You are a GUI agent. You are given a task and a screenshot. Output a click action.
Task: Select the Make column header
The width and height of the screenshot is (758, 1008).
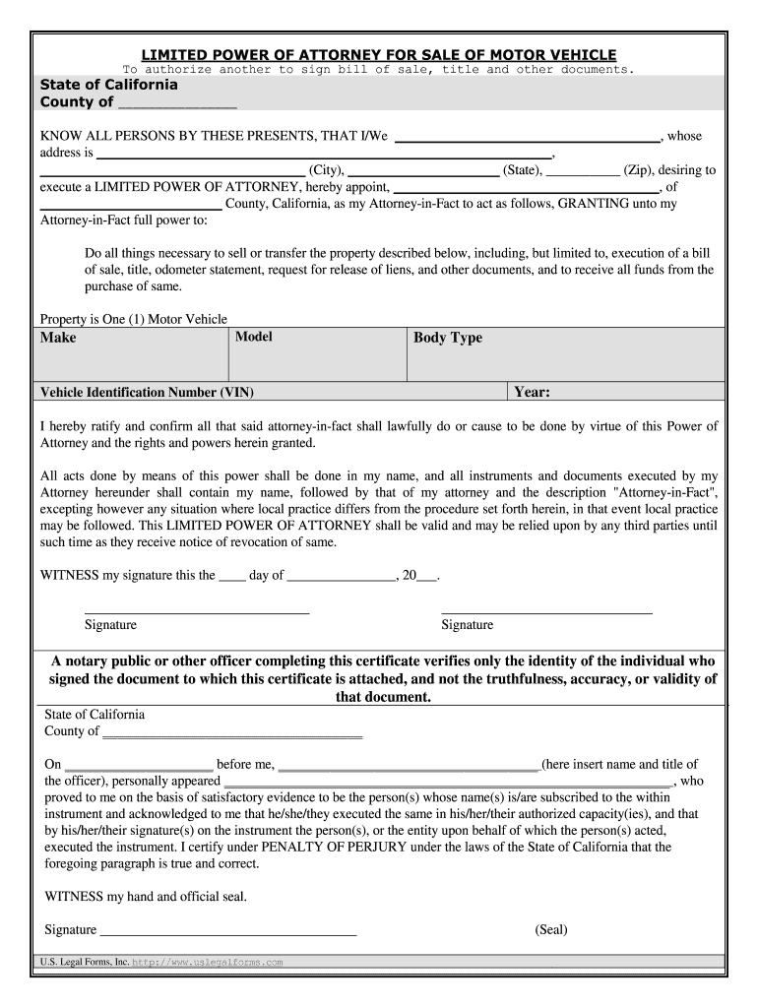click(58, 338)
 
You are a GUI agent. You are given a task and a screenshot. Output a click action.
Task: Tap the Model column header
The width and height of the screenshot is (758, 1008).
click(254, 337)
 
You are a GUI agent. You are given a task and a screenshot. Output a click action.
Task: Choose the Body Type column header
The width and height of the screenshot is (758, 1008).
click(448, 338)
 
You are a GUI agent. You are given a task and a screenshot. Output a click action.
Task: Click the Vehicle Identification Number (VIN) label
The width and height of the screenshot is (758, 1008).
click(147, 393)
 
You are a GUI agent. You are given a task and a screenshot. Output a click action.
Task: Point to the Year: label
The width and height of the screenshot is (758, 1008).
click(532, 393)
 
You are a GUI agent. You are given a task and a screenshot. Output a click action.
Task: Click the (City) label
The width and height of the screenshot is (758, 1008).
click(326, 170)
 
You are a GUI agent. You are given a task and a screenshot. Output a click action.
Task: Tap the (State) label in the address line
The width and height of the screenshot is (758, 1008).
click(522, 170)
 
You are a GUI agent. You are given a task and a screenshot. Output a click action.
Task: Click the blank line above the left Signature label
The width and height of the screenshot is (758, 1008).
click(197, 612)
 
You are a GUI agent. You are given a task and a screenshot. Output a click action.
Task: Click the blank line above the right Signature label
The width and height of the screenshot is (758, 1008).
click(546, 612)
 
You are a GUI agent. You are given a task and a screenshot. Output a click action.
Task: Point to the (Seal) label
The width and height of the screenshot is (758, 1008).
click(551, 929)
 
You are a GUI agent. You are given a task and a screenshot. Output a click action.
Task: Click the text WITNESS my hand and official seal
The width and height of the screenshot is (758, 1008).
click(147, 897)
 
